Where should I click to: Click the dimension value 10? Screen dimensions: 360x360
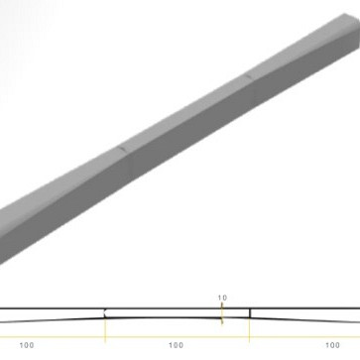223,297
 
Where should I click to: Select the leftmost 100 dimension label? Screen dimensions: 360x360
27,345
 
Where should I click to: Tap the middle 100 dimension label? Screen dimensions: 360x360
177,345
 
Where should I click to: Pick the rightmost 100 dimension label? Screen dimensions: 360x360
331,345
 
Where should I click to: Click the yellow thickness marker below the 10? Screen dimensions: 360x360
223,316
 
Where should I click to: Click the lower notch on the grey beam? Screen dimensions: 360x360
120,150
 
